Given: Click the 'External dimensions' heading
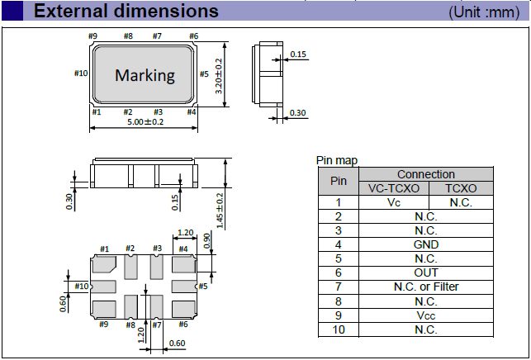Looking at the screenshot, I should (x=126, y=12).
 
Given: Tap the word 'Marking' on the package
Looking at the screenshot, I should (x=145, y=75).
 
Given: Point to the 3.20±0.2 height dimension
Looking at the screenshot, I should (x=218, y=74).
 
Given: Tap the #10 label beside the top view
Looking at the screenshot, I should (x=81, y=73).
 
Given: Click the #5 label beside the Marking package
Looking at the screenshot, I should (x=203, y=73).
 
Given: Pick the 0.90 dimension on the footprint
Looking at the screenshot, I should (x=206, y=238).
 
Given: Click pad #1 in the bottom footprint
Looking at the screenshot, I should (x=105, y=265).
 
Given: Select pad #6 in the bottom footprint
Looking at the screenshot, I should (x=183, y=308).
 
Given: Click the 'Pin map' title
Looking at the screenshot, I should (x=337, y=160).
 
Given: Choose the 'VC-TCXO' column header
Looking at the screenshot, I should (x=393, y=188).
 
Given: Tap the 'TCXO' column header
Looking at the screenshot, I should (x=460, y=188).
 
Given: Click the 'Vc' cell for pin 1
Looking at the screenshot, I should (x=393, y=202).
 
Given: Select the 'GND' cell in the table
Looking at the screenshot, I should (x=426, y=244).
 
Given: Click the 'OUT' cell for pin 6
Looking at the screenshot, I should (x=426, y=272).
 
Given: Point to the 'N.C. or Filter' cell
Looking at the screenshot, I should (x=426, y=287).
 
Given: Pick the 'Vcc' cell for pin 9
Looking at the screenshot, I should (x=426, y=315).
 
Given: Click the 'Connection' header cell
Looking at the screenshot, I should (x=426, y=174).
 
